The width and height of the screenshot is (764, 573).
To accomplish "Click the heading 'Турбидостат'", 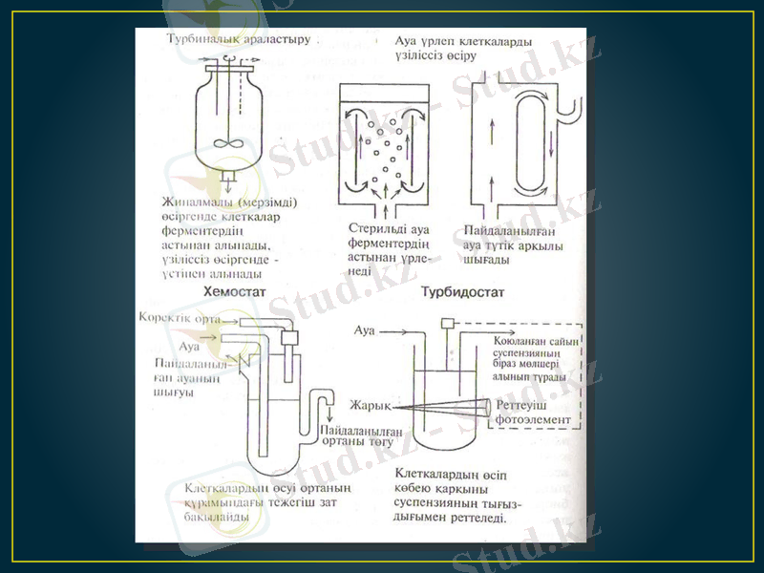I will coord(462,289).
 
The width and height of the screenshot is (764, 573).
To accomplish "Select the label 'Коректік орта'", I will coord(179,317).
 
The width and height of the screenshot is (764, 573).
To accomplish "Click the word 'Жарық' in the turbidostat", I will coord(370,405).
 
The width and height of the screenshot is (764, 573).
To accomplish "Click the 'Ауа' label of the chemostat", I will coord(190,345).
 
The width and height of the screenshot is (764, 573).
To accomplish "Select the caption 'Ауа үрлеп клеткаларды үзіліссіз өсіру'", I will coord(464,49).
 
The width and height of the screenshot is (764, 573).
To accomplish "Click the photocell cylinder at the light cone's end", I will coord(488,407).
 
